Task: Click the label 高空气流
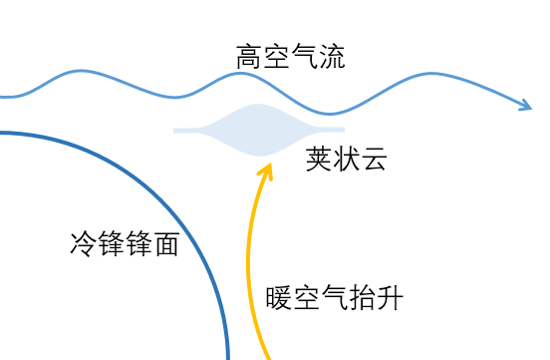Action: pyautogui.click(x=290, y=57)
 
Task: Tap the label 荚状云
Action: pyautogui.click(x=346, y=159)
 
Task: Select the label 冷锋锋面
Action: pyautogui.click(x=125, y=243)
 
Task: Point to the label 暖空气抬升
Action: pyautogui.click(x=334, y=298)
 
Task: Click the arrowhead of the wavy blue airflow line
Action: pyautogui.click(x=527, y=105)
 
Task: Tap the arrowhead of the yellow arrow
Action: pyautogui.click(x=266, y=171)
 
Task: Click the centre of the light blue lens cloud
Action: pyautogui.click(x=259, y=130)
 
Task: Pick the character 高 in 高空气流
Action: pyautogui.click(x=249, y=57)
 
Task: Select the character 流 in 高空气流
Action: pyautogui.click(x=332, y=57)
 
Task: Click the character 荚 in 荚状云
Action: pyautogui.click(x=319, y=159)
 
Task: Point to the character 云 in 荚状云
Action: pyautogui.click(x=375, y=159)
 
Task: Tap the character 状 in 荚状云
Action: pyautogui.click(x=347, y=159)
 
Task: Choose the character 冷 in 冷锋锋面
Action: pyautogui.click(x=84, y=243)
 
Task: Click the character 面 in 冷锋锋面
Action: pyautogui.click(x=167, y=243)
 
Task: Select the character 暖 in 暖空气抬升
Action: pyautogui.click(x=279, y=298)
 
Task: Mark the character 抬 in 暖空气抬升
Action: pyautogui.click(x=362, y=298)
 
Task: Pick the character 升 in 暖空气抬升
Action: pyautogui.click(x=390, y=298)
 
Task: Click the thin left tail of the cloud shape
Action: pyautogui.click(x=186, y=131)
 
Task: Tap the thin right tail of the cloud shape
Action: pyautogui.click(x=332, y=130)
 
